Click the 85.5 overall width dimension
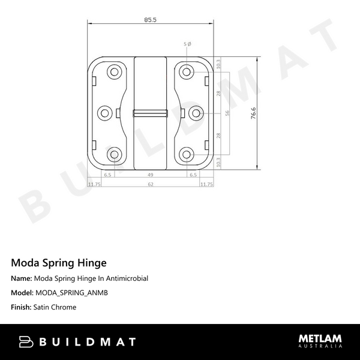point(150,20)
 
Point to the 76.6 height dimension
point(254,113)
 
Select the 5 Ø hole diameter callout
point(188,44)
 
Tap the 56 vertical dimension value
point(227,113)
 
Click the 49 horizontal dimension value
point(150,175)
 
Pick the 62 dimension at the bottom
point(150,184)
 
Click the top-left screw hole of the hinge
point(114,72)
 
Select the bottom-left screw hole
point(114,154)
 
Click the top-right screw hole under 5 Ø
point(187,72)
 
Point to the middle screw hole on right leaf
point(196,112)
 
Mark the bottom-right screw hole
point(187,154)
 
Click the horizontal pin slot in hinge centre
point(150,112)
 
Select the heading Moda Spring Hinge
point(59,263)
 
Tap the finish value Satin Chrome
point(55,307)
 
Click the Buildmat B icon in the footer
point(26,342)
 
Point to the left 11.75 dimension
point(94,184)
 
